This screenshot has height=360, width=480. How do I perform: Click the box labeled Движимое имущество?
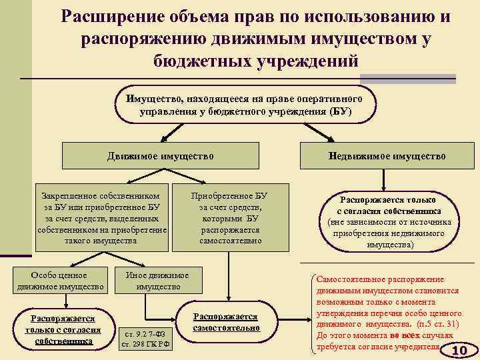pos(161,156)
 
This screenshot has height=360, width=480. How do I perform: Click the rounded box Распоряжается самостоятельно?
pos(225,323)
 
